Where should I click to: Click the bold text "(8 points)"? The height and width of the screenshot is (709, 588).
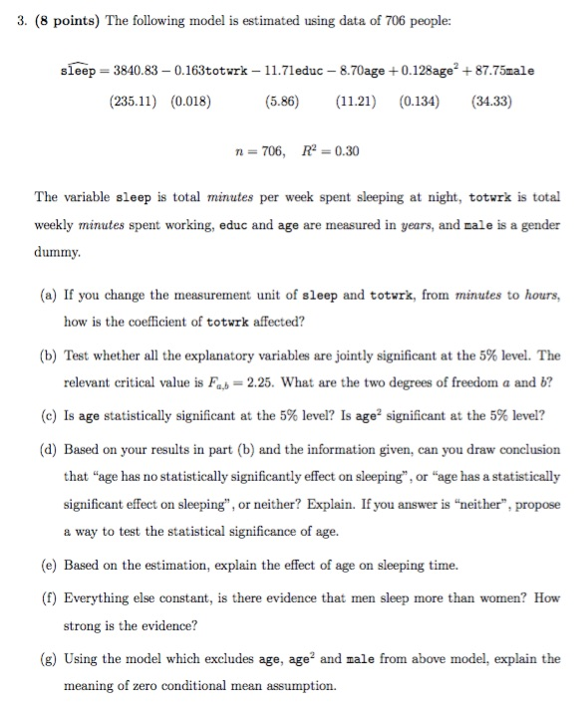[56, 17]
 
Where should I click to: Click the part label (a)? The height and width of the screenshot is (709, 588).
[45, 296]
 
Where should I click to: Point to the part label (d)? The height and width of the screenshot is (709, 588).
[45, 449]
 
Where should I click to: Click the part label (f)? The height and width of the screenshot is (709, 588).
[45, 598]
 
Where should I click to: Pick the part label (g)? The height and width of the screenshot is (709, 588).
[45, 658]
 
